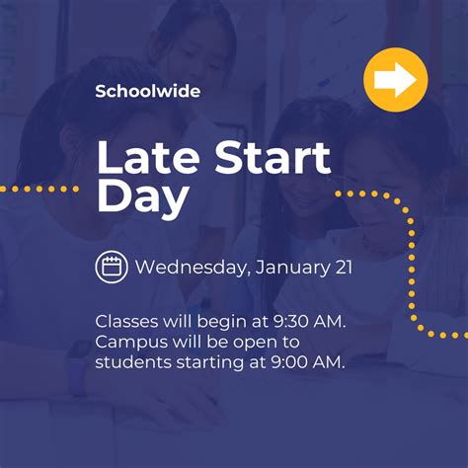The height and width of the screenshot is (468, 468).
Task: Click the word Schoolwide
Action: pos(148,91)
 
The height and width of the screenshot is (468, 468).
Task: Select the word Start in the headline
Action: pos(273,157)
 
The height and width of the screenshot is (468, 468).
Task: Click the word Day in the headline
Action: pos(143,196)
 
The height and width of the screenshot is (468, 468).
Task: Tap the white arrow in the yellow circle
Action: pos(395,79)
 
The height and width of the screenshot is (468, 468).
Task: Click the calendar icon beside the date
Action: pos(112,267)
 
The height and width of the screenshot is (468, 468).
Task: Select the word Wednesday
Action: pos(191,268)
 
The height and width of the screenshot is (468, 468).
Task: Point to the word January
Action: pos(292,269)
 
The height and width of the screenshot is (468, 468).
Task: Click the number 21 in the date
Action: pos(344,268)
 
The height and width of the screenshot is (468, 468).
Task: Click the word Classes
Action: pos(126,322)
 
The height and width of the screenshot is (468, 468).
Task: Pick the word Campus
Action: pos(131,343)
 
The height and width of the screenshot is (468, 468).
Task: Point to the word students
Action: pos(133,362)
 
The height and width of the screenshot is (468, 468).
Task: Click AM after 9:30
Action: pos(330,322)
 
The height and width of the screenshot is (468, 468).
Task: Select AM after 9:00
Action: pos(329,362)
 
